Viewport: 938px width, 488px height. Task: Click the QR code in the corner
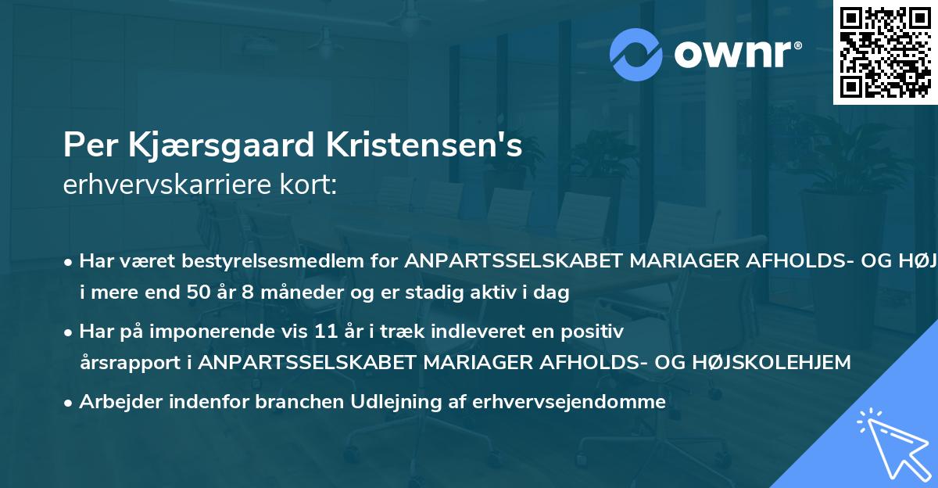click(885, 52)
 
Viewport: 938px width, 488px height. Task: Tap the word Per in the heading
click(88, 145)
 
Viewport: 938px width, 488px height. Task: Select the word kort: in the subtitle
click(310, 185)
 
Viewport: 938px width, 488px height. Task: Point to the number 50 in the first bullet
click(209, 293)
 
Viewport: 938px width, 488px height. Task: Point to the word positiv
click(594, 332)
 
